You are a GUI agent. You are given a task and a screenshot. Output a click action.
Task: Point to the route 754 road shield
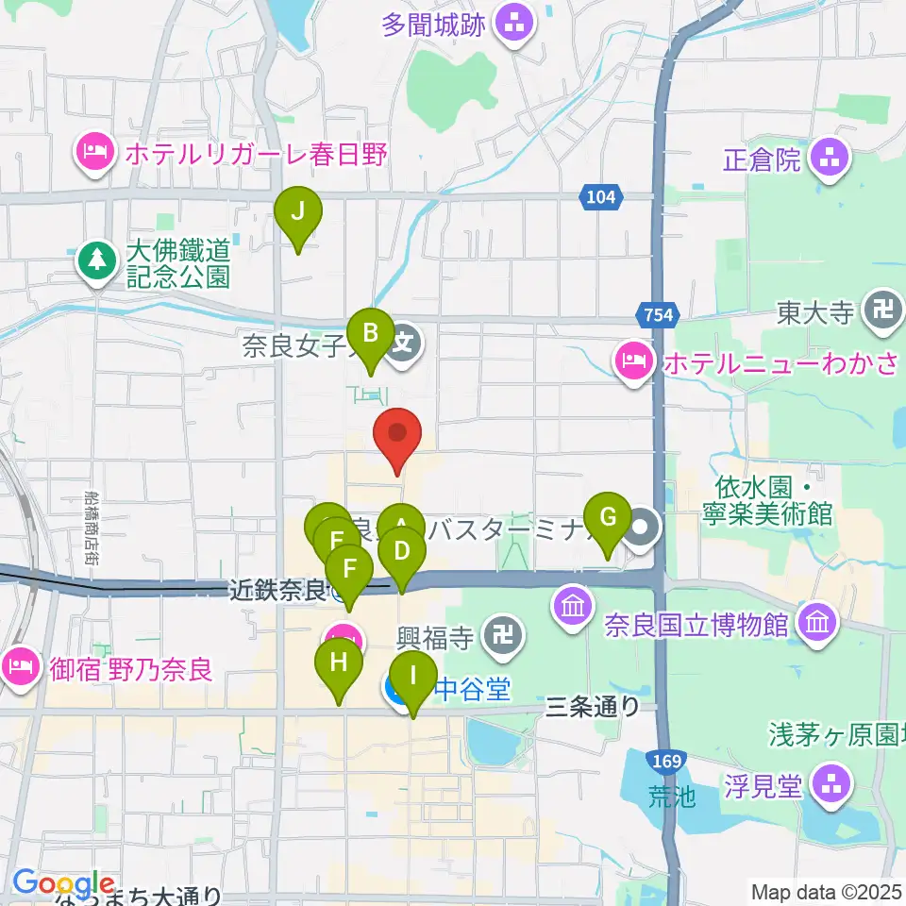click(658, 315)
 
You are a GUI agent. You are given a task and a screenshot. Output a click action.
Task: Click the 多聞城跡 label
click(434, 24)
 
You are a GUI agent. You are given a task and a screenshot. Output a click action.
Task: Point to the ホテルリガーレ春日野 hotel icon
click(95, 154)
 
